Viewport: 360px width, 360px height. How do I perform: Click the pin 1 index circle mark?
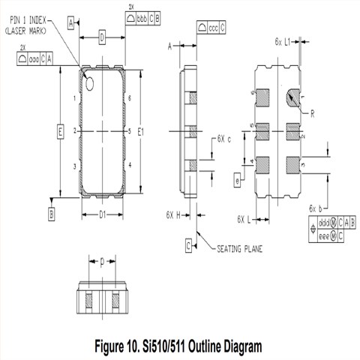point(91,82)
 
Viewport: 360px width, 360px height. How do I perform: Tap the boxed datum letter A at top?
point(71,24)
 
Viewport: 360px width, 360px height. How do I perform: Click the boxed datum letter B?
point(51,214)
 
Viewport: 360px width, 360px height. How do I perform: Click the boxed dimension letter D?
point(102,37)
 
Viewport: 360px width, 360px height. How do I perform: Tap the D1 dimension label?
point(102,217)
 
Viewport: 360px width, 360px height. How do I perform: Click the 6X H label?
point(175,214)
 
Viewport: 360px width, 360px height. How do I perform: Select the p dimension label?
point(102,262)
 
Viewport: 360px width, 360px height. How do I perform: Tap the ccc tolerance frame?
point(211,28)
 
